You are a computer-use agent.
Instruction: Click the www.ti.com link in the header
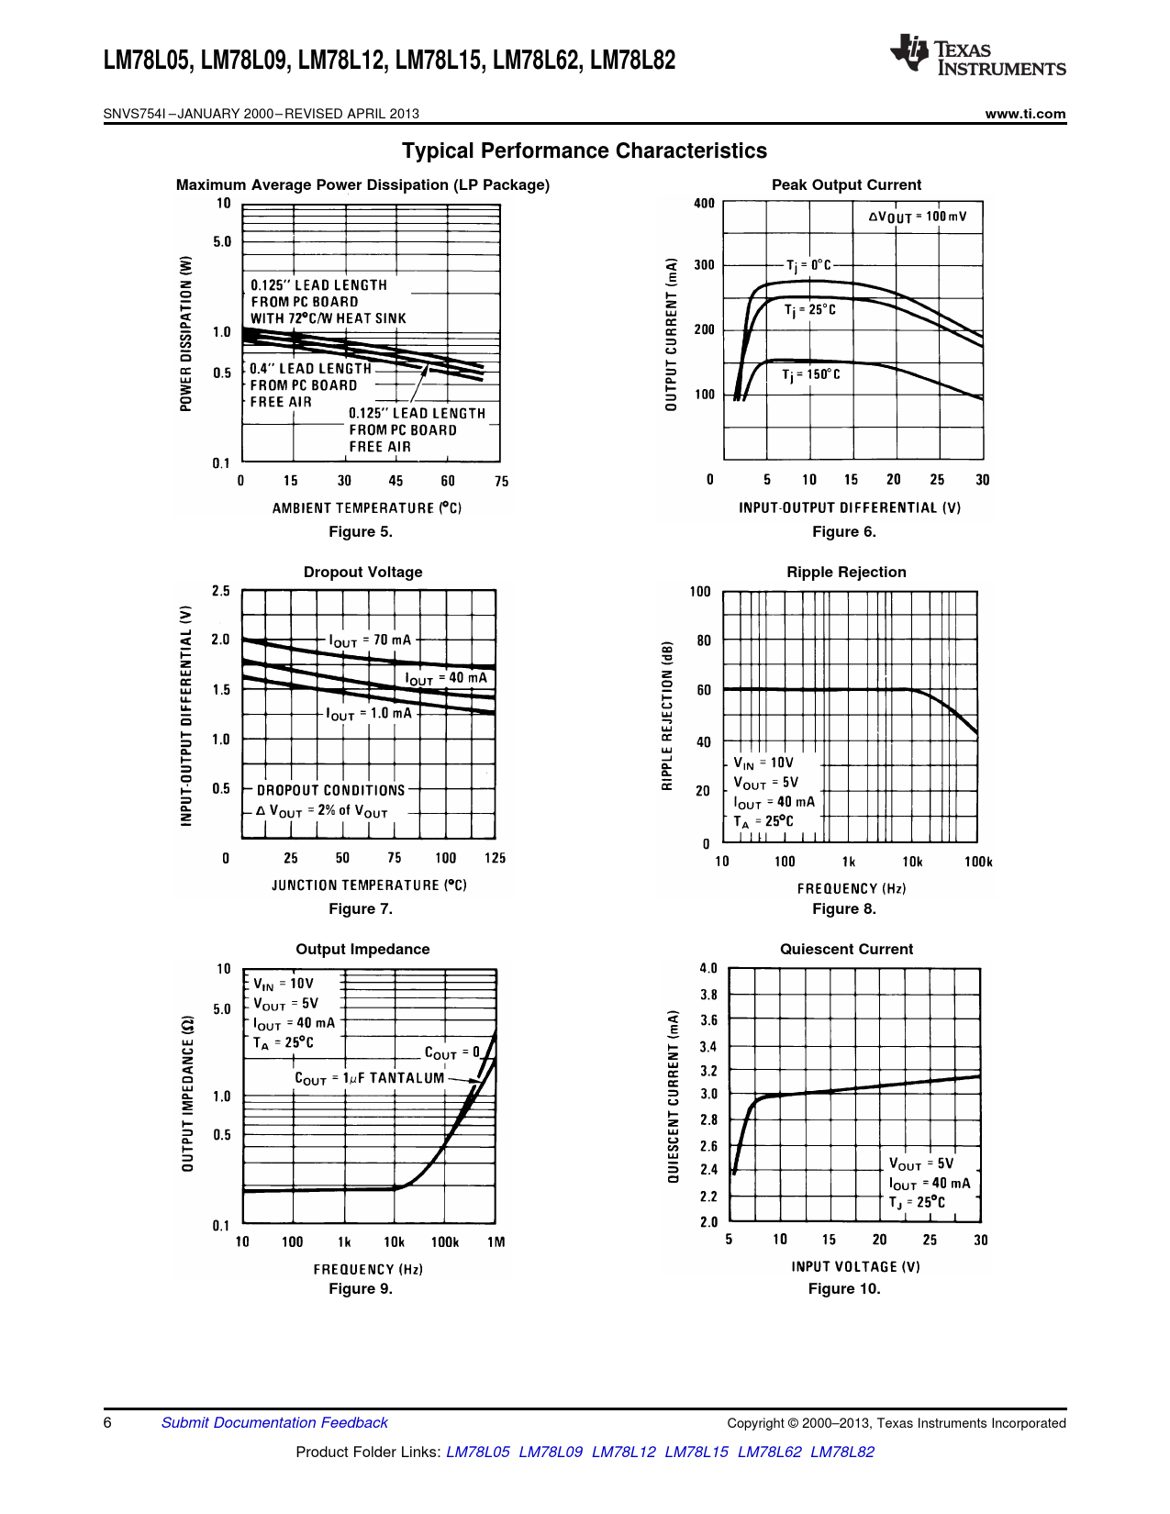1025,114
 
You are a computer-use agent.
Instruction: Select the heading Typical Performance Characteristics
585,150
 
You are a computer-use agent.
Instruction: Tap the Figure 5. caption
361,532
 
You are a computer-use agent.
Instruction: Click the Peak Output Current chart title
846,184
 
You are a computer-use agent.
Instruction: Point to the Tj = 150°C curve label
810,374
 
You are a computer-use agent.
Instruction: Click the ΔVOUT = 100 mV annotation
917,217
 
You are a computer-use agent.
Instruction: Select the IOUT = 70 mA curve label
370,640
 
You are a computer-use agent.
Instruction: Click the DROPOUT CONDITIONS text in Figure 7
330,790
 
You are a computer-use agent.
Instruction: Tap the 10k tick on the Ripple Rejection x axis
912,862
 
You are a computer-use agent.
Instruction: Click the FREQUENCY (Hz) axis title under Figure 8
851,888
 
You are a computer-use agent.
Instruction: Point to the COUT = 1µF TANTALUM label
369,1078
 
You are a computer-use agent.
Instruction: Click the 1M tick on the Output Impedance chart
496,1242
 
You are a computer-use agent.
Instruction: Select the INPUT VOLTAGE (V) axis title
855,1266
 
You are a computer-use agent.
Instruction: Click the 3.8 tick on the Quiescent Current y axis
708,995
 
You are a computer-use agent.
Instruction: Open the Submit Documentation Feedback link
274,1423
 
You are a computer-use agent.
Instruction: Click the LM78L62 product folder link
769,1452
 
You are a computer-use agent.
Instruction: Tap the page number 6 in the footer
107,1423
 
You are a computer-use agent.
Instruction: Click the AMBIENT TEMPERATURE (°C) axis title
366,507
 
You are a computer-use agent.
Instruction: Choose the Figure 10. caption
843,1289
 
